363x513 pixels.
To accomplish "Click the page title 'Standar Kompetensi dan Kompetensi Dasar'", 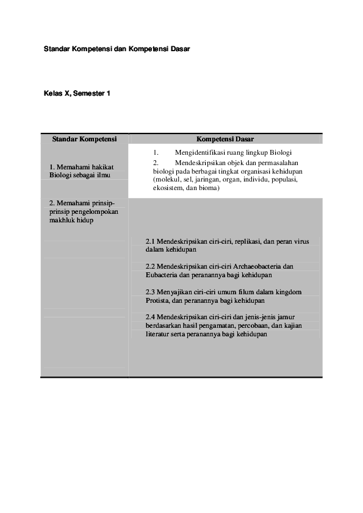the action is coord(117,48).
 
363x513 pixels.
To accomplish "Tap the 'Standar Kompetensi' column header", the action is coord(84,139).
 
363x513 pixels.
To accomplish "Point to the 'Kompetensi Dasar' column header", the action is coord(225,139).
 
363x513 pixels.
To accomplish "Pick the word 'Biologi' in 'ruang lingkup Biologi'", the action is coord(282,152).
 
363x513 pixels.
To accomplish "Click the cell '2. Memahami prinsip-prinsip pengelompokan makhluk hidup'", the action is coord(83,211).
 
